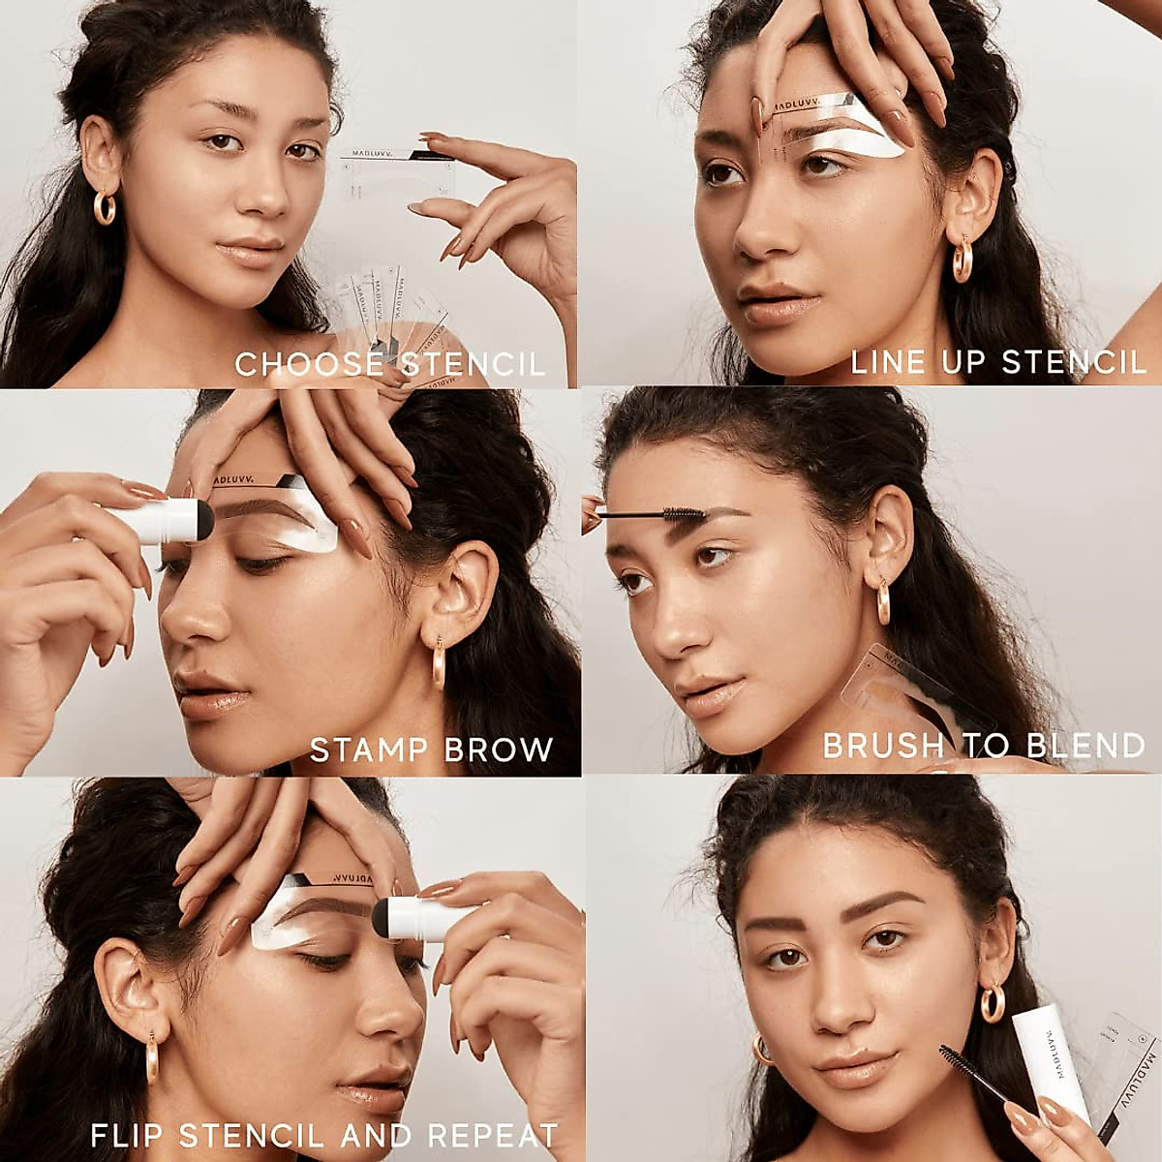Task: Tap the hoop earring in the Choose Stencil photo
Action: (105, 207)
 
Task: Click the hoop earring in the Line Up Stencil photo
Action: (962, 260)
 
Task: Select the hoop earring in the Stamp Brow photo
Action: (438, 664)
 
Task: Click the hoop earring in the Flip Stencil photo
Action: (152, 1055)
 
